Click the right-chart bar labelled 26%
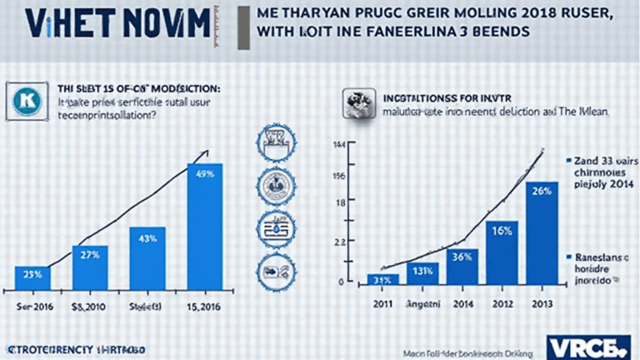[x=541, y=233]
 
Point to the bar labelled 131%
[x=422, y=274]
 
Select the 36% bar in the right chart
[x=462, y=267]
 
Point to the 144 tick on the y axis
[x=339, y=147]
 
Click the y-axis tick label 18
[x=340, y=203]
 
